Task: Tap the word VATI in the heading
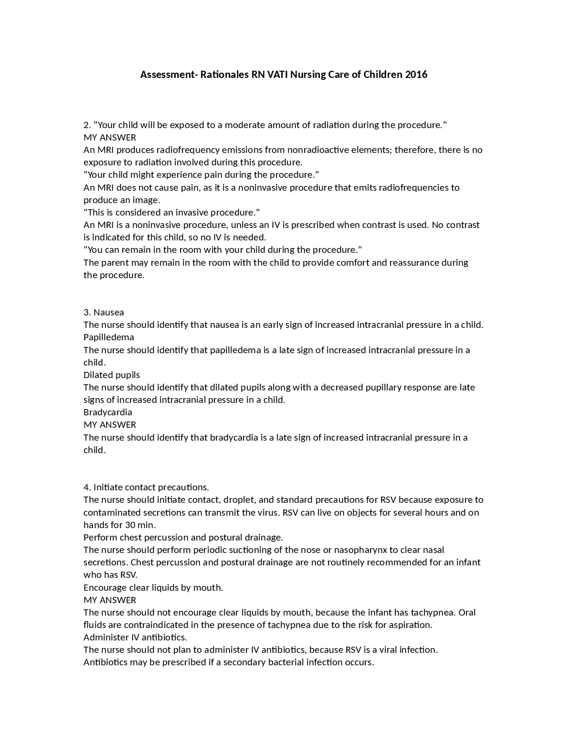point(277,75)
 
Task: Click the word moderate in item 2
point(244,125)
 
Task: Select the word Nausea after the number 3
point(109,313)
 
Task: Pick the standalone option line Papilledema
point(109,337)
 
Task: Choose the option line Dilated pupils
point(112,375)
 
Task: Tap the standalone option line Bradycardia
point(108,412)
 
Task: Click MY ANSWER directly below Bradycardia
point(110,424)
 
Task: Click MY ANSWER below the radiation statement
point(110,138)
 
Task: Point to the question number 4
point(87,487)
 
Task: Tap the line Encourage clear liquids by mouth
point(153,587)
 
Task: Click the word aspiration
point(409,625)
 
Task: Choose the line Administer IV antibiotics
point(135,637)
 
